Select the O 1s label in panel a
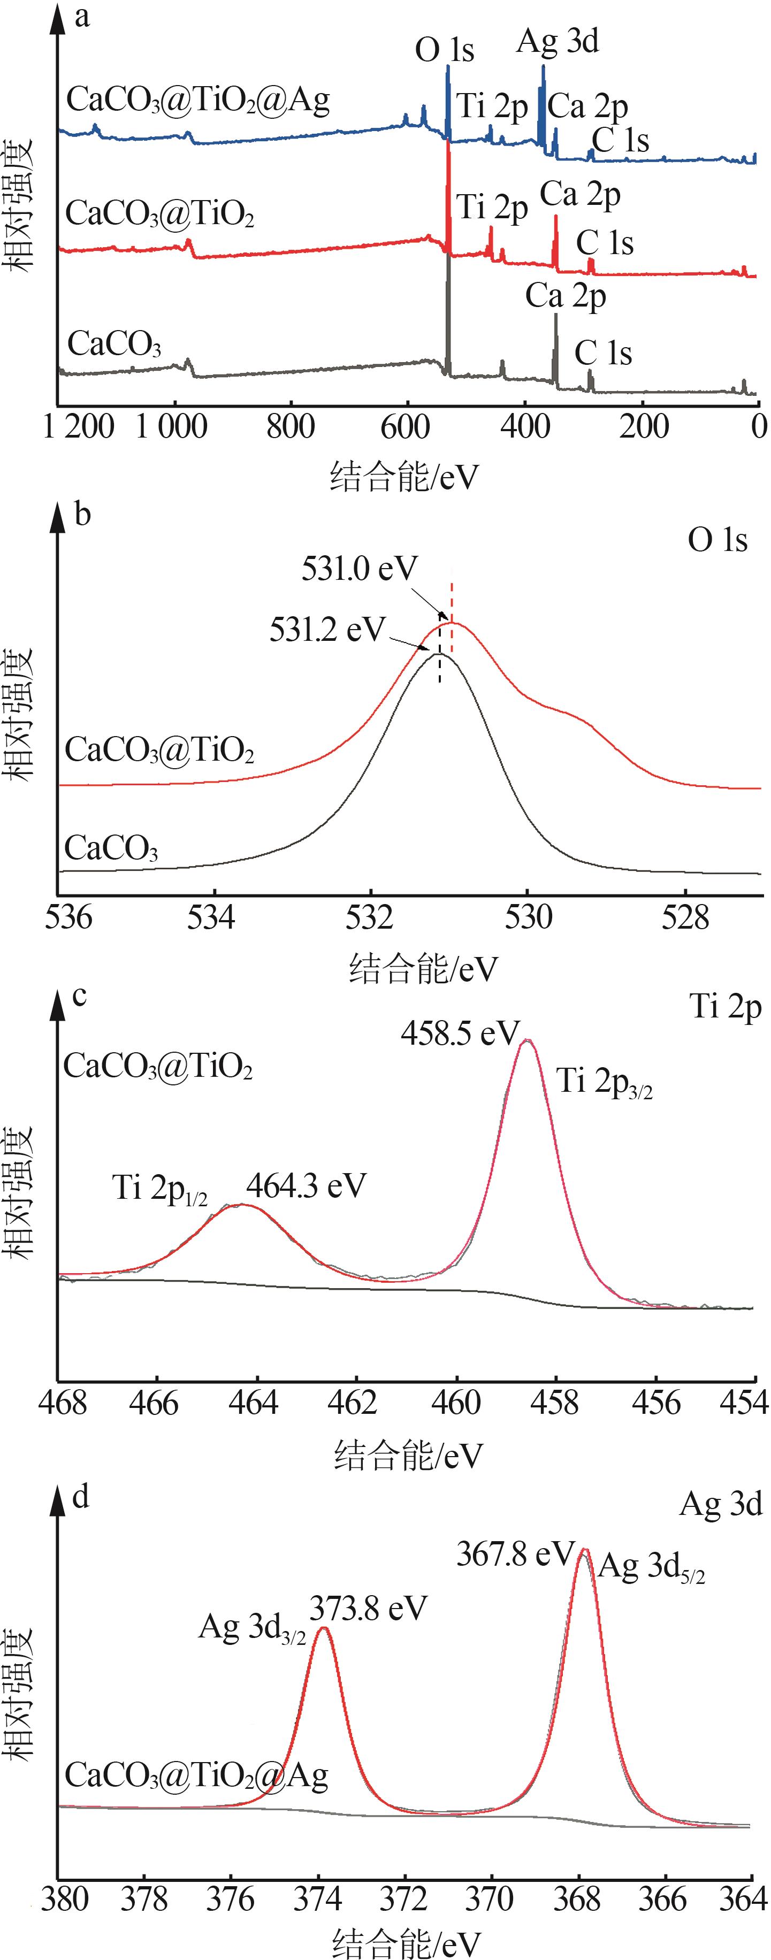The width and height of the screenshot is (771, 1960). (x=445, y=51)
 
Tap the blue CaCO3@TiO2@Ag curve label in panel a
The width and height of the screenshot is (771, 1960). (x=198, y=99)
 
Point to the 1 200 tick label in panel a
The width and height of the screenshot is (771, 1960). (x=79, y=427)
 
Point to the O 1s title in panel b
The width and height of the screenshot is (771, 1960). (x=717, y=540)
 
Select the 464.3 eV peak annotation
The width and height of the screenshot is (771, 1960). (x=306, y=1185)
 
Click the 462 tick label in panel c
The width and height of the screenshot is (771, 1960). (x=355, y=1403)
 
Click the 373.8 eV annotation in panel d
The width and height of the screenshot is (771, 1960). (x=368, y=1609)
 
